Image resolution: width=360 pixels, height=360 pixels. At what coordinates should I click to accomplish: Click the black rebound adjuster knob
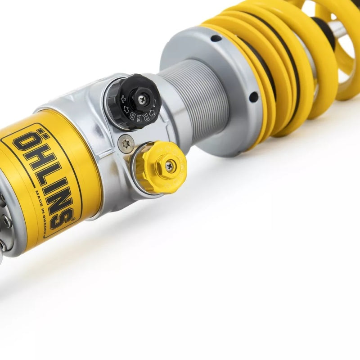[135, 101]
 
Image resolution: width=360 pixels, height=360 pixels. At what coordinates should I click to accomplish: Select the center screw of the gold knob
[170, 166]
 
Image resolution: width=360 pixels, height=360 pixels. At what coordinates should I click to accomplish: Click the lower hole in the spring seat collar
[253, 97]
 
